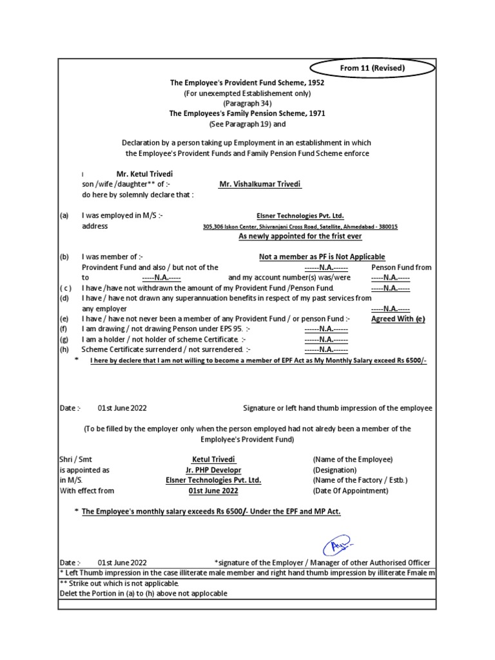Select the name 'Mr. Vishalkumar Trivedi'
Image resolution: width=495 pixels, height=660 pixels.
click(x=260, y=184)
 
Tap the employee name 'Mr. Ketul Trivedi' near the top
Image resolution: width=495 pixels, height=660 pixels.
click(x=144, y=174)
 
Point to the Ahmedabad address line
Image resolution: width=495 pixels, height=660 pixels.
click(x=300, y=227)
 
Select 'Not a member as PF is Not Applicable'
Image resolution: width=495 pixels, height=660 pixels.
click(x=322, y=257)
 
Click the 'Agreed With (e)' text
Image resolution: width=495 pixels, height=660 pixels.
click(x=398, y=318)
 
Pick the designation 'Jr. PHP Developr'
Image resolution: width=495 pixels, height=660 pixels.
click(x=209, y=470)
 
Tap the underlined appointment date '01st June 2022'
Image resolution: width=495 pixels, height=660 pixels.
click(x=209, y=490)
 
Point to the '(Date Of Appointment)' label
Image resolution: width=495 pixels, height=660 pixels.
click(x=351, y=490)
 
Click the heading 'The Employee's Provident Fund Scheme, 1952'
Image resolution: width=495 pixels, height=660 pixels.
click(x=247, y=83)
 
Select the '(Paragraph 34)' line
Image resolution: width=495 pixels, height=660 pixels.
click(x=247, y=103)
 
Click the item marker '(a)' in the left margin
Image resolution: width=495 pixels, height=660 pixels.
click(x=64, y=216)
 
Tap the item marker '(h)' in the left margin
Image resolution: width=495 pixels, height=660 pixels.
click(x=64, y=349)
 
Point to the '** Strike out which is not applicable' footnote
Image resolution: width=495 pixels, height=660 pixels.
click(x=119, y=583)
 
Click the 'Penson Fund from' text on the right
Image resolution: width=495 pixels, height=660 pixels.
click(x=402, y=267)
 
